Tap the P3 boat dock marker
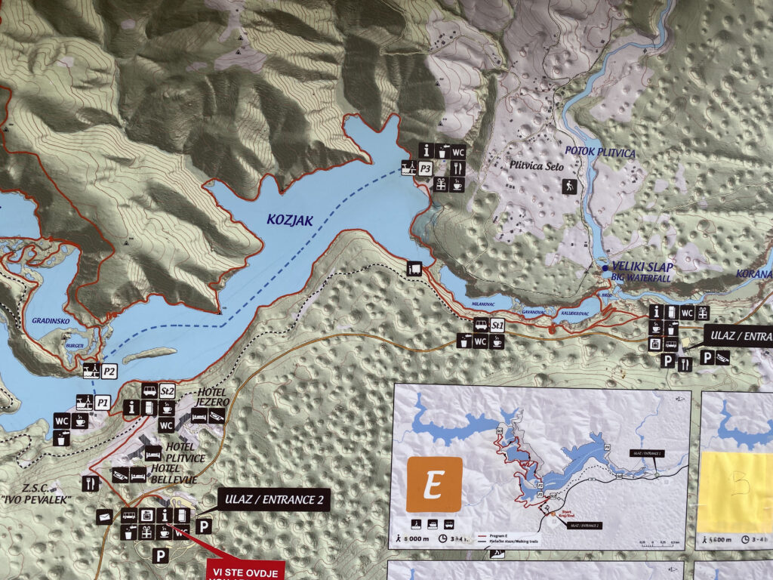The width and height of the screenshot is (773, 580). (425, 168)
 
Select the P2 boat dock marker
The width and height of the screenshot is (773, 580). (109, 371)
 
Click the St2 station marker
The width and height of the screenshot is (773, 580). (168, 391)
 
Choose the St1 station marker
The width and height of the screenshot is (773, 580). (497, 325)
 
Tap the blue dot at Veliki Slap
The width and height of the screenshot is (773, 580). (605, 268)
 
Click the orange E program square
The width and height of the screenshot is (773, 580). (434, 484)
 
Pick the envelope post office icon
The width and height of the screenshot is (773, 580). (105, 516)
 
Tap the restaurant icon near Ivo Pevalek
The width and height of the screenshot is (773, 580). (91, 482)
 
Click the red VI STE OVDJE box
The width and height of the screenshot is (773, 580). (245, 570)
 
